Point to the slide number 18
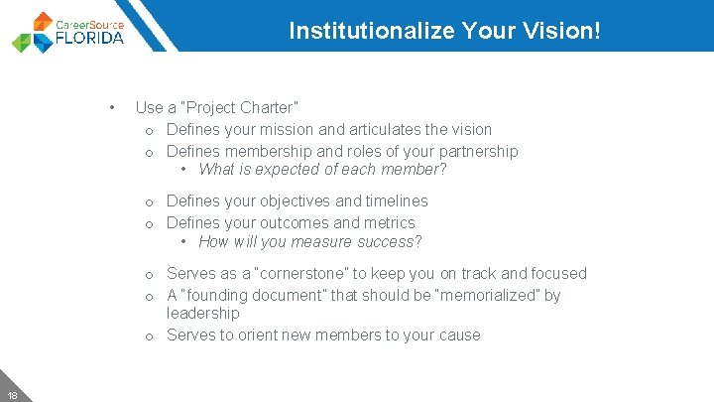coord(11,394)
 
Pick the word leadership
coord(203,313)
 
